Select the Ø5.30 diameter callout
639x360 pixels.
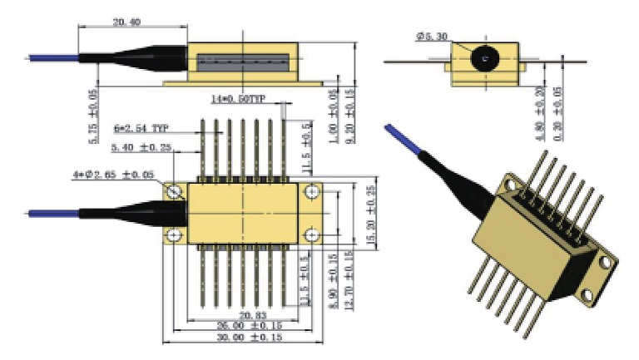(x=433, y=37)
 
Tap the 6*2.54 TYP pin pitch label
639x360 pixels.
(x=141, y=129)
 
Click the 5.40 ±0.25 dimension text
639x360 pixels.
(x=141, y=147)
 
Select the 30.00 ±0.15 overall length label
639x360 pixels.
(x=247, y=338)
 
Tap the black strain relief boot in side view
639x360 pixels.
(x=133, y=58)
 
